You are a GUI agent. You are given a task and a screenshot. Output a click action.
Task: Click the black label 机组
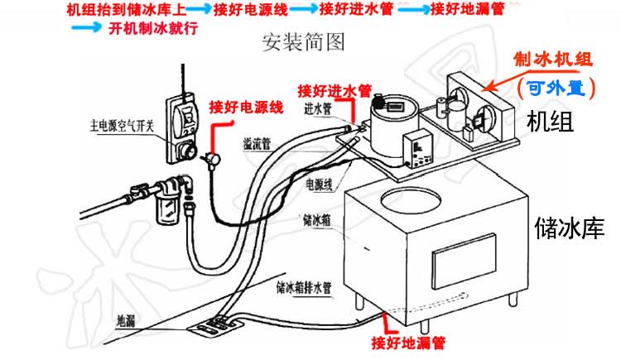(x=550, y=122)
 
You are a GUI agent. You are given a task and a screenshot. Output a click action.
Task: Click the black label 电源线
(x=319, y=183)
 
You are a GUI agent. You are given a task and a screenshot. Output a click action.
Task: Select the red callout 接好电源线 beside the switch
(x=247, y=107)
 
